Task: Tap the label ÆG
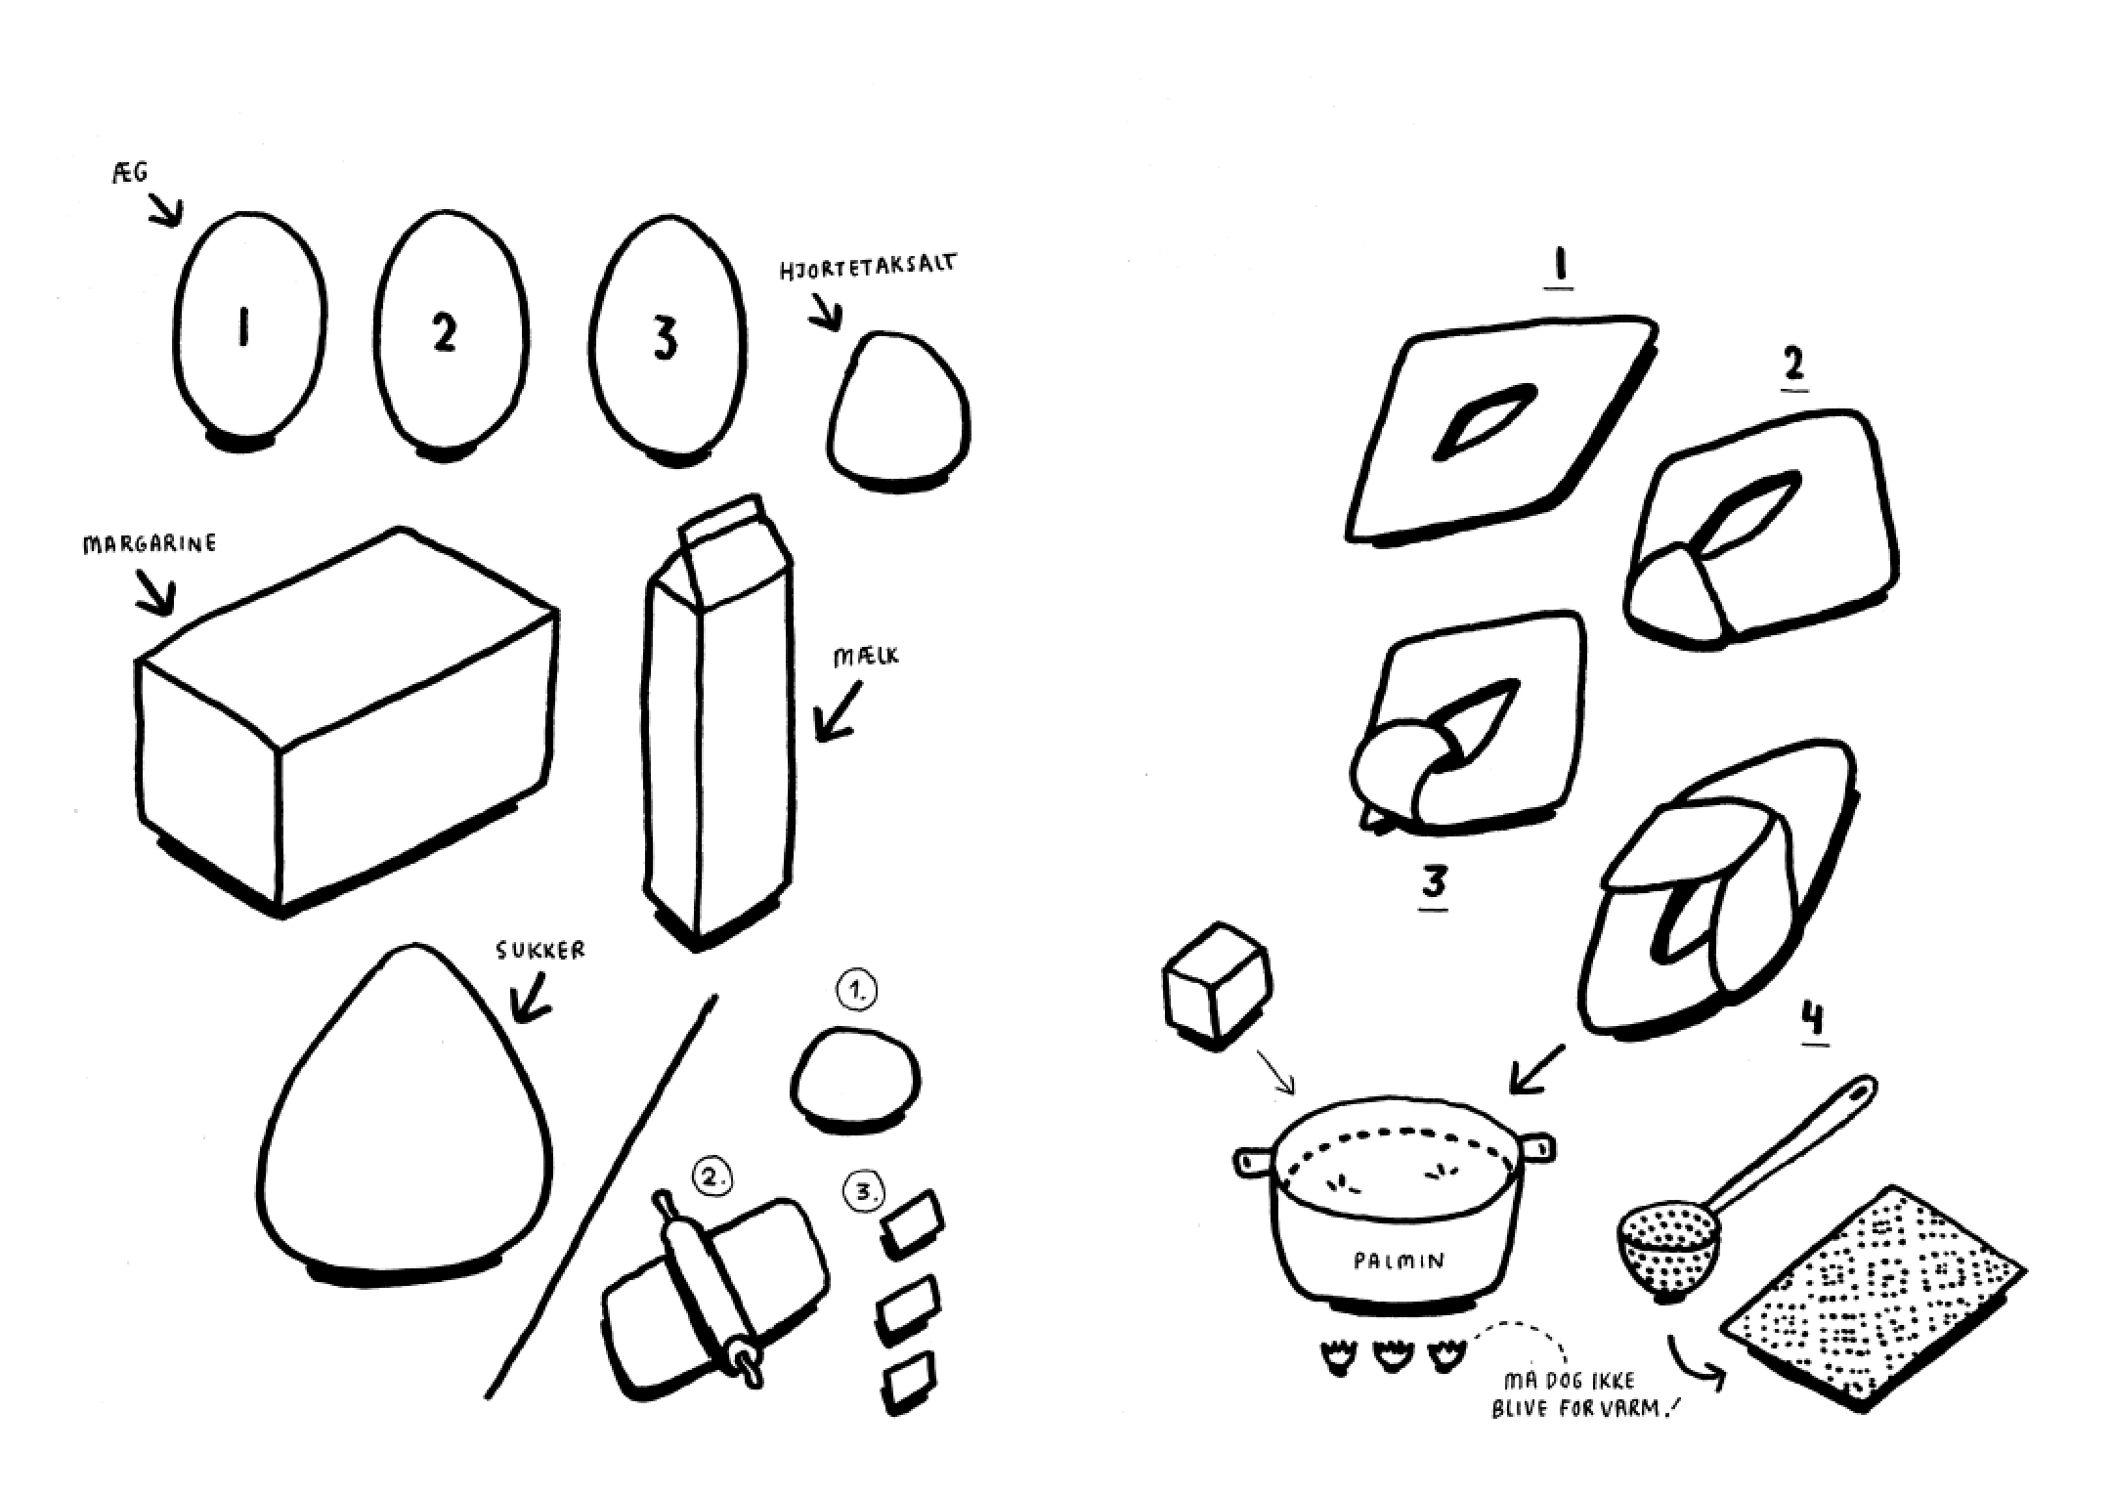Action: click(x=130, y=174)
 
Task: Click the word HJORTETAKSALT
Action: click(x=868, y=266)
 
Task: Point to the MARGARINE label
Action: click(x=150, y=543)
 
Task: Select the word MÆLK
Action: click(x=866, y=657)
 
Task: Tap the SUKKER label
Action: click(x=540, y=950)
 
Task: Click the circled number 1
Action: click(x=857, y=991)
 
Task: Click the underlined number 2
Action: click(x=1793, y=366)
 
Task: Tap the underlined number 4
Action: click(x=1812, y=1020)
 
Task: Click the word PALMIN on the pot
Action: click(x=1399, y=1262)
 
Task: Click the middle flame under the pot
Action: click(x=1392, y=1356)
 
